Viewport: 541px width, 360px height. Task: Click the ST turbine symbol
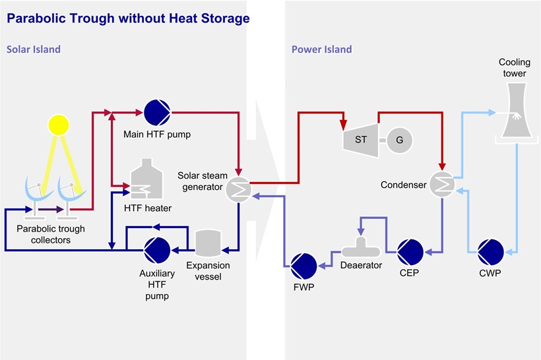point(360,139)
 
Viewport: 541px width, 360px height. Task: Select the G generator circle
point(399,140)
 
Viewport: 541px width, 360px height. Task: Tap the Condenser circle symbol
point(442,185)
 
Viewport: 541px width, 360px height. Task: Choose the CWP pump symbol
point(490,251)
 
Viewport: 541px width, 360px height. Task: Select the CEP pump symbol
point(410,251)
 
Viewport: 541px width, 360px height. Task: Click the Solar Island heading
point(34,49)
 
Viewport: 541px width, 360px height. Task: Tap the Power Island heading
point(321,49)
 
